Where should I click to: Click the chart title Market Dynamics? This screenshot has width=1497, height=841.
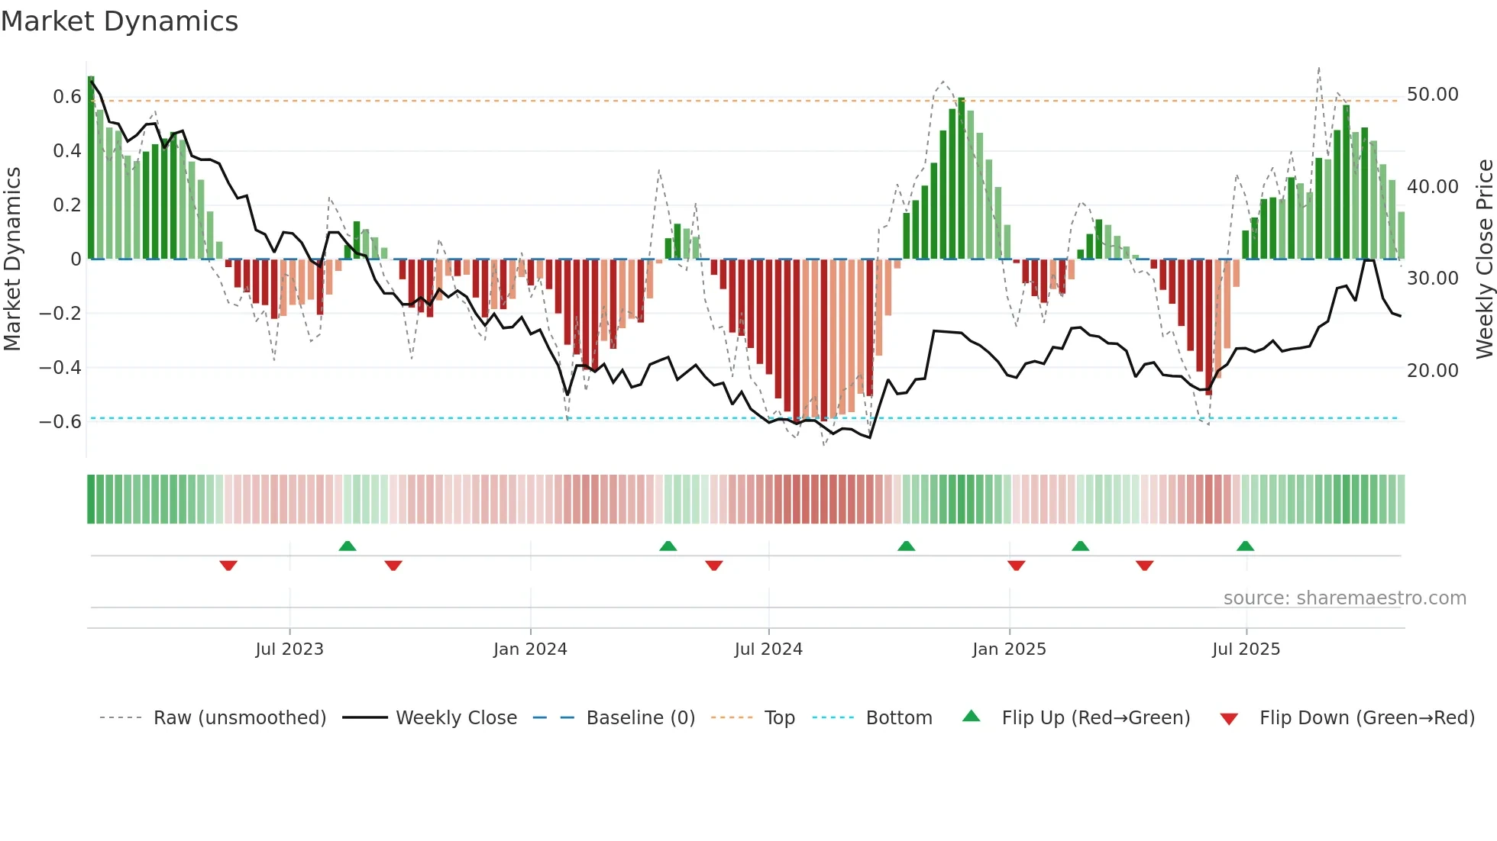(x=119, y=21)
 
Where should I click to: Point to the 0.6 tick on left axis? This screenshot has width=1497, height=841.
(x=66, y=97)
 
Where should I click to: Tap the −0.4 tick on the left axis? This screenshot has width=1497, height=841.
(x=60, y=368)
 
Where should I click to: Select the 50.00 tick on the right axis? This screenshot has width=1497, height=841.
(x=1432, y=95)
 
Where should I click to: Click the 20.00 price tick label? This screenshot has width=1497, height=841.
(x=1432, y=371)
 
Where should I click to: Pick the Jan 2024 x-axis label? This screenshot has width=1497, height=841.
(x=530, y=649)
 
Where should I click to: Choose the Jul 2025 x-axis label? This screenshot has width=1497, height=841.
(x=1246, y=649)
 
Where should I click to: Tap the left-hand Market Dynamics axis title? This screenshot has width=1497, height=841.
(x=12, y=259)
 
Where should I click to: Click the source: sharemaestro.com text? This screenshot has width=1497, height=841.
(x=1344, y=598)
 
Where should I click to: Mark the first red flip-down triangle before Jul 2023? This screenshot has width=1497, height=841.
(x=228, y=565)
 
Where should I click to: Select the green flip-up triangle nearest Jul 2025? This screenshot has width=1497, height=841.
(x=1245, y=546)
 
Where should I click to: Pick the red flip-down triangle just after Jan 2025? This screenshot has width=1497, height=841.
(x=1016, y=565)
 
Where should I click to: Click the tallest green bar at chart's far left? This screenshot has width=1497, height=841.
(x=91, y=168)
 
